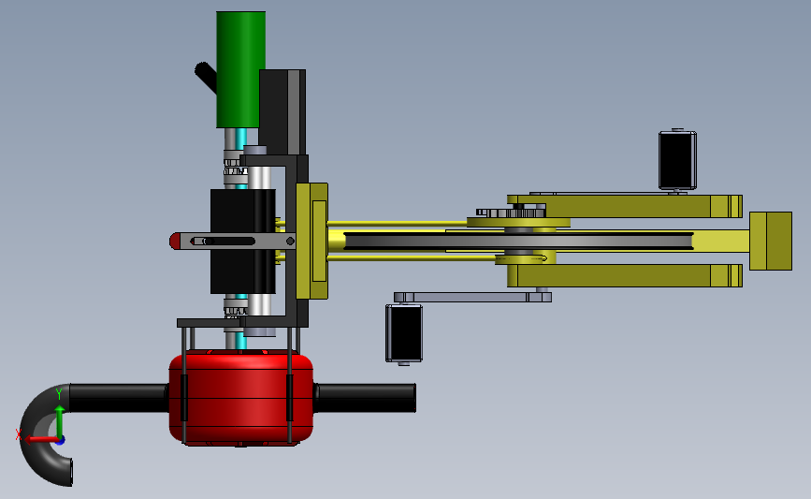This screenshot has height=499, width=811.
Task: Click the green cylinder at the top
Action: pyautogui.click(x=241, y=69)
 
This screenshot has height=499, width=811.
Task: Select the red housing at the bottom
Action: pyautogui.click(x=241, y=397)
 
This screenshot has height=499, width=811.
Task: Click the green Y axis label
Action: pyautogui.click(x=59, y=394)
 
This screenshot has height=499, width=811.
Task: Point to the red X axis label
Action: pyautogui.click(x=19, y=434)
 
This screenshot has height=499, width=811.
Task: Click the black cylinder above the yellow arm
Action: pyautogui.click(x=677, y=160)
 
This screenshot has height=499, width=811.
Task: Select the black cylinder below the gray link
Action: pyautogui.click(x=404, y=333)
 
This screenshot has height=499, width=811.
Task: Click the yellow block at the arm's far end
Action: pyautogui.click(x=771, y=241)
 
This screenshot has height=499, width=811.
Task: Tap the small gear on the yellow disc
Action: pyautogui.click(x=511, y=213)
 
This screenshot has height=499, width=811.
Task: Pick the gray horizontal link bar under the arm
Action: pyautogui.click(x=472, y=297)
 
